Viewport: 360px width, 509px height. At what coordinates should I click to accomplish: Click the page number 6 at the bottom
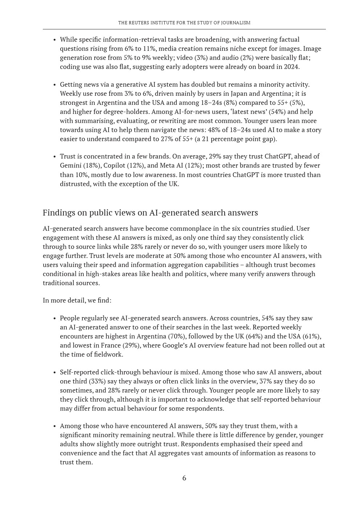point(184,478)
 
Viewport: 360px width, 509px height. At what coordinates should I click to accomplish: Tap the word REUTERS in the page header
point(138,23)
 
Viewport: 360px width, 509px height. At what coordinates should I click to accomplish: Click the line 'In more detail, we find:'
point(77,300)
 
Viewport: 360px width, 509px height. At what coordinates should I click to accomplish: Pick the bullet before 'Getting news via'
point(54,85)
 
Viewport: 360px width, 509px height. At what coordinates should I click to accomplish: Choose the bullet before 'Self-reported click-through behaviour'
point(54,373)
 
